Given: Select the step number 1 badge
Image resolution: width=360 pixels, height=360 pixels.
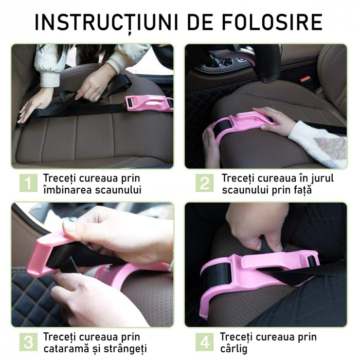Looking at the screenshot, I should point(28,184).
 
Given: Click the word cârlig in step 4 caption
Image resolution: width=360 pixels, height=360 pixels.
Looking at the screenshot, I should point(234,348).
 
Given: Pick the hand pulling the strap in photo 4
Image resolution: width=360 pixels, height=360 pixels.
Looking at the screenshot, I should point(252,226).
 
